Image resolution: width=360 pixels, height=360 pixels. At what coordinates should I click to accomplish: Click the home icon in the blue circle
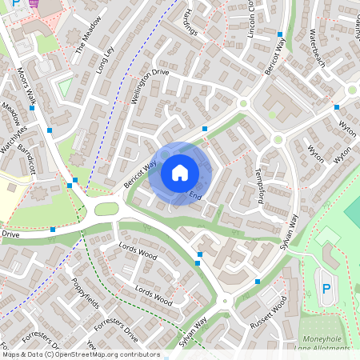(x=180, y=172)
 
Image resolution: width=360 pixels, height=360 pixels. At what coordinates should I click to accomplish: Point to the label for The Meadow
(x=90, y=34)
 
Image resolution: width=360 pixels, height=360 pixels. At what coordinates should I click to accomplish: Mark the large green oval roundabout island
(x=106, y=210)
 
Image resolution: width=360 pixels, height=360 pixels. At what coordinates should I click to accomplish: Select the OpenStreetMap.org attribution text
(x=112, y=354)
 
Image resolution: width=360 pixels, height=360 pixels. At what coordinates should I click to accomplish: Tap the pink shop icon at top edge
(x=34, y=2)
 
